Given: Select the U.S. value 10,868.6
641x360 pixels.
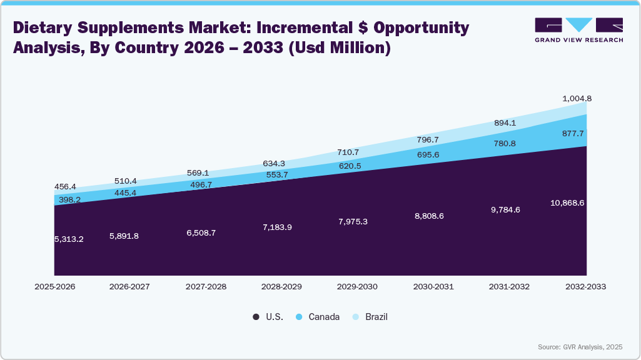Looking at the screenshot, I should click(x=568, y=203).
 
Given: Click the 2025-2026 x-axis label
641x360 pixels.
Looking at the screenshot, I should click(x=54, y=287).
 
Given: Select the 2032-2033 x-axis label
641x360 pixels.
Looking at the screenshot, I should click(x=585, y=287).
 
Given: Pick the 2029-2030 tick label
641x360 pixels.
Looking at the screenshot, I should click(x=358, y=287).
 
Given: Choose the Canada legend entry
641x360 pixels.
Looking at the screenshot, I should click(x=317, y=317).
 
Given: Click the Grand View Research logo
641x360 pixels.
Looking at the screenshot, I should click(x=578, y=30).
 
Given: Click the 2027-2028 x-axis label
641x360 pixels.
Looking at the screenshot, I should click(x=206, y=287).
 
